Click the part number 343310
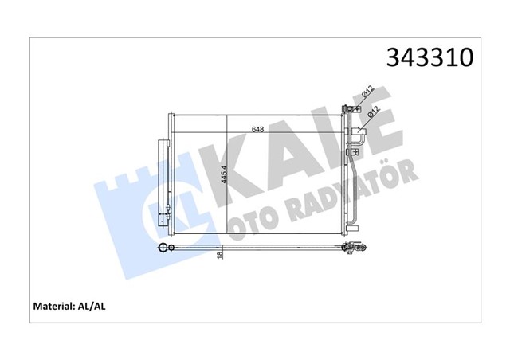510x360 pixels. [430, 57]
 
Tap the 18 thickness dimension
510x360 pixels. [220, 255]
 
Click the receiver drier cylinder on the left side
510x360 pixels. [164, 180]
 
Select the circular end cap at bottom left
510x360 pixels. [164, 248]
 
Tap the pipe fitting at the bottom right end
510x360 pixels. [354, 249]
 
